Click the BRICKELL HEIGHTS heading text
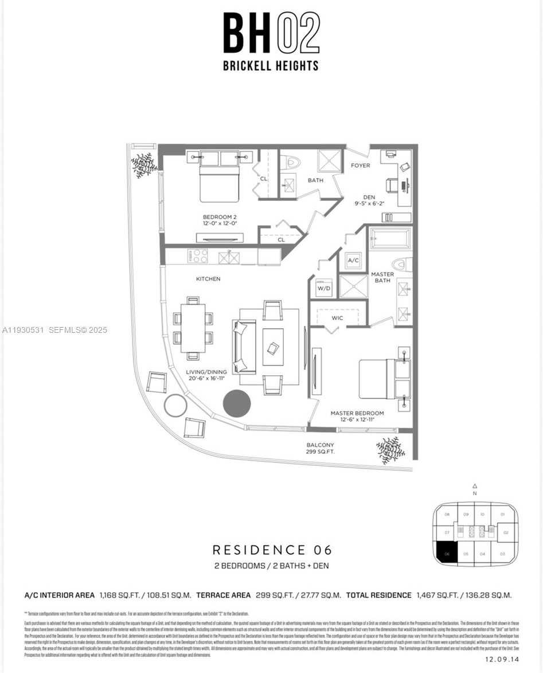click(x=271, y=66)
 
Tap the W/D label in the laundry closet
click(x=324, y=288)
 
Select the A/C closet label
click(x=353, y=260)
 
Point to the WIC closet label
click(x=338, y=317)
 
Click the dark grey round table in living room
click(x=236, y=403)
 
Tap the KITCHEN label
click(x=208, y=279)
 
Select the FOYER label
click(x=360, y=166)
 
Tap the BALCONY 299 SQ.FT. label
click(x=320, y=448)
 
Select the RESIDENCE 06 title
click(x=272, y=550)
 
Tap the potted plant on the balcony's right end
click(x=390, y=450)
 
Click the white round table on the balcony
click(x=175, y=406)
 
